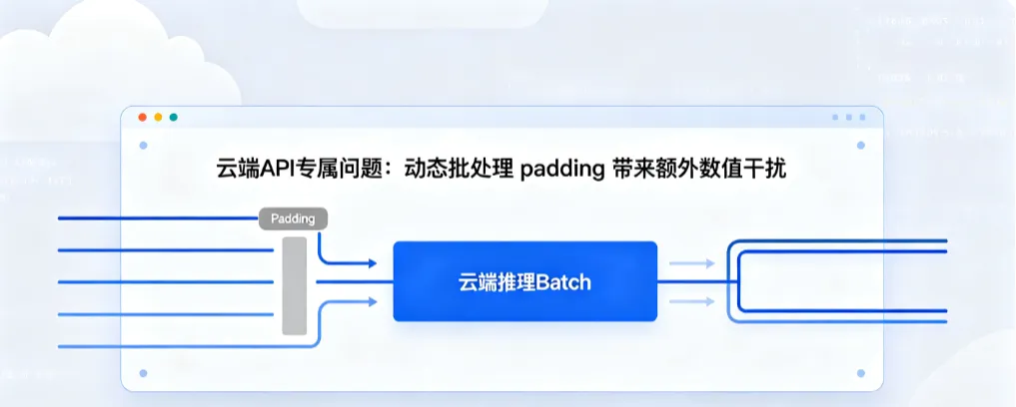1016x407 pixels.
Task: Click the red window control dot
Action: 143,117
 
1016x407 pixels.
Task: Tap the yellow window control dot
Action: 158,117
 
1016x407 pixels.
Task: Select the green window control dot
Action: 174,117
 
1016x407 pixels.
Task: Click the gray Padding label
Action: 293,218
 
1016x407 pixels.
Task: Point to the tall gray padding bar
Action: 294,286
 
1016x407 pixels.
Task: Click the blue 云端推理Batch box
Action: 524,281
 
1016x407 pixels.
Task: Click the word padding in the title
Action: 562,170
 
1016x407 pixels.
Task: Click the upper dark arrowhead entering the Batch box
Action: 373,263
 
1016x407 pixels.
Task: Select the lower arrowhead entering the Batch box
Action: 373,301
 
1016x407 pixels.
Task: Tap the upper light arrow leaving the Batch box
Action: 692,263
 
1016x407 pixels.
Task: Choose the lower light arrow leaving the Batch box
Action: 692,301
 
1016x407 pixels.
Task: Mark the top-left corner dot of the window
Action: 143,146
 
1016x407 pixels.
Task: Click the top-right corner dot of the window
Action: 861,146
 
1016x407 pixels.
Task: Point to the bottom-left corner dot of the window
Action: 143,373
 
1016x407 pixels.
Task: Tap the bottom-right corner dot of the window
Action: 861,373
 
